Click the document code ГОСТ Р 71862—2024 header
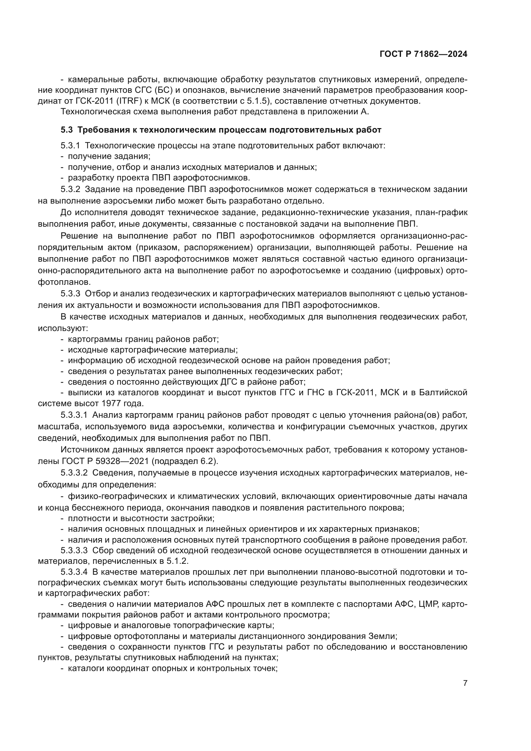(x=423, y=54)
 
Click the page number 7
(x=465, y=683)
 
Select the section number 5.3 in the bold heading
(x=67, y=130)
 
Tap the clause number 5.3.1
(x=70, y=145)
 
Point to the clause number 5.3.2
(x=70, y=189)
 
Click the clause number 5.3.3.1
(x=74, y=415)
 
